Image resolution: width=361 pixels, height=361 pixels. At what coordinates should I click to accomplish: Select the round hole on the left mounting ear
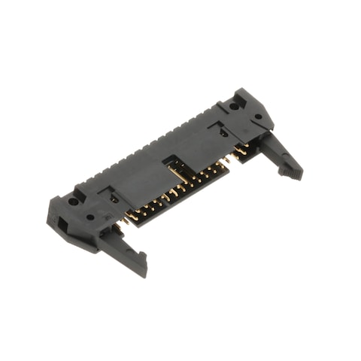[73, 201]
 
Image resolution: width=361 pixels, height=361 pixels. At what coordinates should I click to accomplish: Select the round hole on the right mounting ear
[235, 106]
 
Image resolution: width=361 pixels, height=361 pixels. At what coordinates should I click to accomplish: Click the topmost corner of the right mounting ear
[244, 90]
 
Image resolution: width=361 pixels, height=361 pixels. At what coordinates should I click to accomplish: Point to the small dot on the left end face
[89, 217]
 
